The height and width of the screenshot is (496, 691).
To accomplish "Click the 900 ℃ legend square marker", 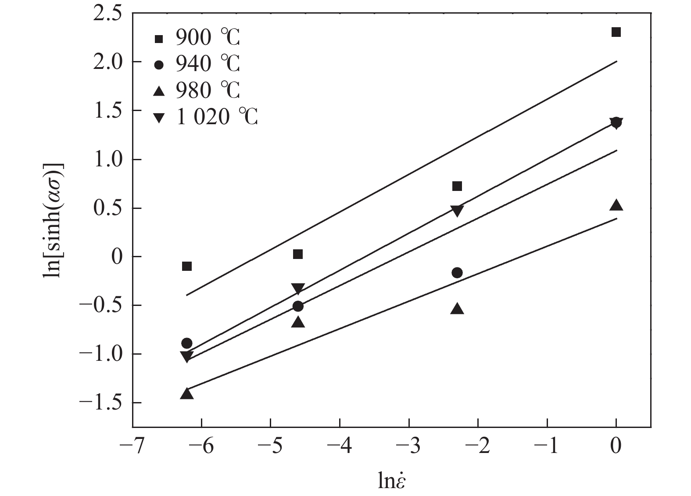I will [x=158, y=39].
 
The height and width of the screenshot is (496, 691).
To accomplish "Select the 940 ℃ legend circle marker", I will [x=158, y=65].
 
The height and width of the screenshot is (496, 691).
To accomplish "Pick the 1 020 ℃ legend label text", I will [x=217, y=117].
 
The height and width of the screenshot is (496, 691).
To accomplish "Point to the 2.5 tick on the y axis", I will [x=107, y=14].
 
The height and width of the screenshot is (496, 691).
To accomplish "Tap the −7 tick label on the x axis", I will [x=132, y=447].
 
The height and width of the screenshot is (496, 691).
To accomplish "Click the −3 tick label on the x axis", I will [x=408, y=447].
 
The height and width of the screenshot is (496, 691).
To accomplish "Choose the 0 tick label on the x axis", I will [x=616, y=447].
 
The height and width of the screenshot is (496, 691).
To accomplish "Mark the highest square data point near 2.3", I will [x=616, y=32].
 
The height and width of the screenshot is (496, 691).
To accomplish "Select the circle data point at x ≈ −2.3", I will [x=457, y=273].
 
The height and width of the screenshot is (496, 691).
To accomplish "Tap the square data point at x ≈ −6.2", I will [x=187, y=266].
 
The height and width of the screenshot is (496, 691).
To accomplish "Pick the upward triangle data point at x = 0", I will [x=616, y=205].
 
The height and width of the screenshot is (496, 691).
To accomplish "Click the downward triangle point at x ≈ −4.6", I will [x=298, y=289].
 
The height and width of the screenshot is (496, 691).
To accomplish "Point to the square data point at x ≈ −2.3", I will [x=457, y=186].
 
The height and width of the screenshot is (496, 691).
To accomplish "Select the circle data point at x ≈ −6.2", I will [x=187, y=343].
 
